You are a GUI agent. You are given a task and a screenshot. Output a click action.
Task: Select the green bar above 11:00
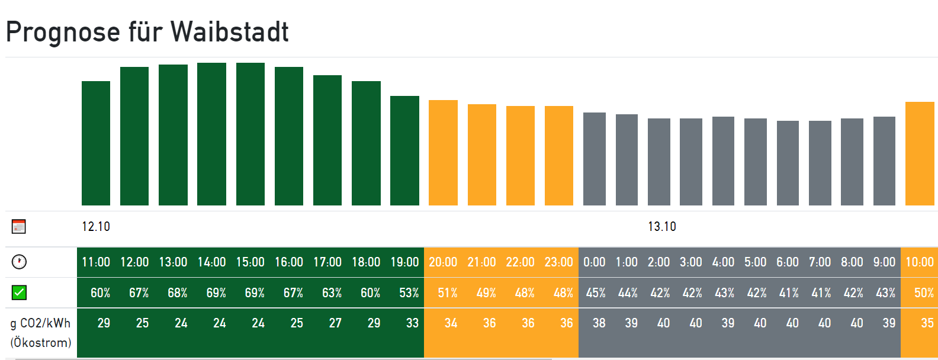click(96, 143)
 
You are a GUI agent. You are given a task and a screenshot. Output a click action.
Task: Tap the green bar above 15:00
click(250, 134)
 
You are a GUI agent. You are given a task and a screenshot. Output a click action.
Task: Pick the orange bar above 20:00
click(443, 153)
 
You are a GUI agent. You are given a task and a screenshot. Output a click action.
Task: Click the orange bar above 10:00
click(920, 154)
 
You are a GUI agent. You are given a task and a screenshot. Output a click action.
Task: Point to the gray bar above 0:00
click(595, 159)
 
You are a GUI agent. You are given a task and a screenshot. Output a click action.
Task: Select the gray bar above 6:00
click(788, 163)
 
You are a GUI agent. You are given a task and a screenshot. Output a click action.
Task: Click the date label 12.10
click(96, 227)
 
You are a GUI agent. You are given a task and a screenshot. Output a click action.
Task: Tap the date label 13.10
click(662, 227)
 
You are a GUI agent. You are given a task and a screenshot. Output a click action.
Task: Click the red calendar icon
click(19, 226)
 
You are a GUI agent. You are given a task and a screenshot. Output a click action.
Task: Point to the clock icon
click(19, 262)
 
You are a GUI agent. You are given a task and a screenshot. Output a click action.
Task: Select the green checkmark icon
click(19, 292)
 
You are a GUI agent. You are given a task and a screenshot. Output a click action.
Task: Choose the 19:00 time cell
click(404, 262)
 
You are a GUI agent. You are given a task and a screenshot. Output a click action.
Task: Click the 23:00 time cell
click(558, 262)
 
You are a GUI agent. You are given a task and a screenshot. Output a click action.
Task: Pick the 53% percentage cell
click(409, 293)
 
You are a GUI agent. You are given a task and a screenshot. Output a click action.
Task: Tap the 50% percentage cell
click(924, 293)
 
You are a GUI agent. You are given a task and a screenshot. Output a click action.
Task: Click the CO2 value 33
click(412, 323)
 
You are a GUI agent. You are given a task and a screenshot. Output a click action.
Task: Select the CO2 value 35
click(927, 323)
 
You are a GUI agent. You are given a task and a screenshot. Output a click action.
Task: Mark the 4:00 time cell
click(723, 262)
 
